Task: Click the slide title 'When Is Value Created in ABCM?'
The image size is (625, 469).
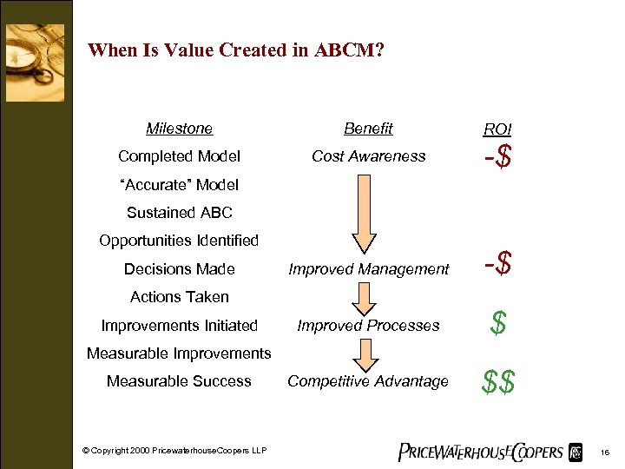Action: (236, 50)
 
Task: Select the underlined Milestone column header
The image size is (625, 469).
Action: (179, 129)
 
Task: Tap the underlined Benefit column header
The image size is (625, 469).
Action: (368, 129)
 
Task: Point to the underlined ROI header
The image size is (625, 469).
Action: (497, 129)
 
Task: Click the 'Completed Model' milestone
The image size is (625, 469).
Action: (179, 156)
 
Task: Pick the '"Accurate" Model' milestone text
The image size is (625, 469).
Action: (179, 184)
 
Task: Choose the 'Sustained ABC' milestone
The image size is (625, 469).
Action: (179, 212)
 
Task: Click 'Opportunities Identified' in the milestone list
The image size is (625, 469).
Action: (179, 240)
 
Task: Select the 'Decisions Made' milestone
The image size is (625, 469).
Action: (179, 269)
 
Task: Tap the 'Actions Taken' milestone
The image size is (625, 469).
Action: (179, 297)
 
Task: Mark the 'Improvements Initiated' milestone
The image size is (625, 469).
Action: (179, 326)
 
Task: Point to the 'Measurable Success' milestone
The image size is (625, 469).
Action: (179, 381)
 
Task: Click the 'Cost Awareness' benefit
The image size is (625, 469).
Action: (368, 156)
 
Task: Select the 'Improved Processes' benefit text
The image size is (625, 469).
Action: (368, 326)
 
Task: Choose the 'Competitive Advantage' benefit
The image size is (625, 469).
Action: (368, 381)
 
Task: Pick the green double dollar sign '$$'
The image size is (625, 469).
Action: (497, 381)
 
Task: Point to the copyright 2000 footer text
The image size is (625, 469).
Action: (174, 449)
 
